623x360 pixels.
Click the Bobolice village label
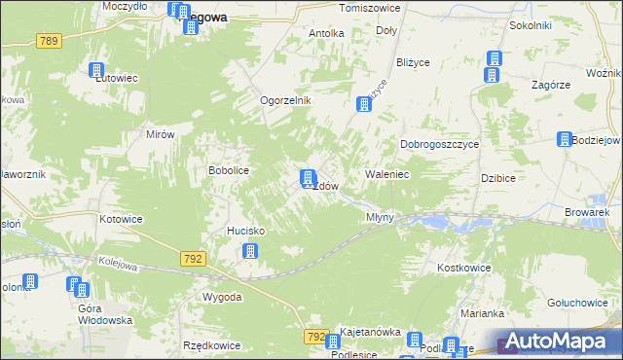tap(230, 170)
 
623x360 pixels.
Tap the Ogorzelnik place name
tap(284, 100)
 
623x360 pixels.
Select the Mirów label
tap(159, 135)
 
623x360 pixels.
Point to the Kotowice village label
tap(121, 219)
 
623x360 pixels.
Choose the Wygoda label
tap(222, 297)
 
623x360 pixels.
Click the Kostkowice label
tap(462, 268)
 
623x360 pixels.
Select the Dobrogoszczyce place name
tap(440, 144)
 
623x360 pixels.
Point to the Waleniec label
tap(386, 174)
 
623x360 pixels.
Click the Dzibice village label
tap(497, 178)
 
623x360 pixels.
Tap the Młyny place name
tap(380, 217)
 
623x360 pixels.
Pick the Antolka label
tap(326, 33)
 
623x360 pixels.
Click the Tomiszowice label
tap(369, 8)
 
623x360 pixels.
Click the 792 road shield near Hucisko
tap(192, 258)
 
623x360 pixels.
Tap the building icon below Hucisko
tap(250, 251)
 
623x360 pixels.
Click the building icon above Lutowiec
tap(96, 70)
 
